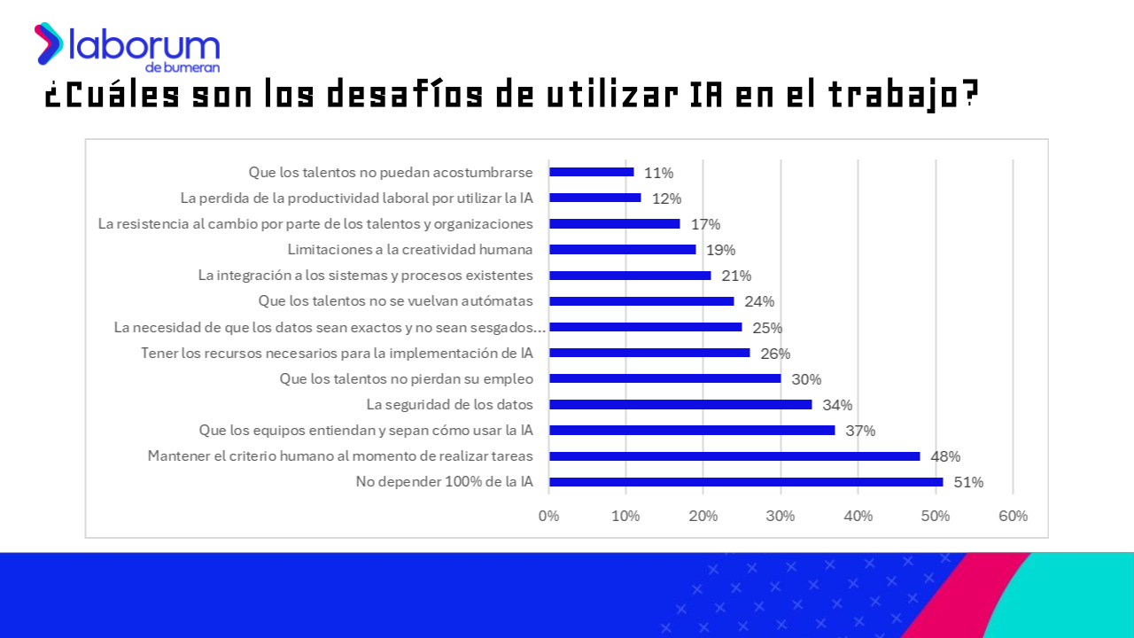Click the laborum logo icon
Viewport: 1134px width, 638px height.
pyautogui.click(x=49, y=43)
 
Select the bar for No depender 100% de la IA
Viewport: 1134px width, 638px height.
pyautogui.click(x=746, y=482)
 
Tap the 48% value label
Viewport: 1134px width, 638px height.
pyautogui.click(x=945, y=457)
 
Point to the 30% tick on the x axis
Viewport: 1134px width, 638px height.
pyautogui.click(x=781, y=516)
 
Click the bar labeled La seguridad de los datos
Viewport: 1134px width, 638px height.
pyautogui.click(x=680, y=405)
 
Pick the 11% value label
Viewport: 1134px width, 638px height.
pyautogui.click(x=658, y=173)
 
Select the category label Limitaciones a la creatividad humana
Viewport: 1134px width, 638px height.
pyautogui.click(x=410, y=250)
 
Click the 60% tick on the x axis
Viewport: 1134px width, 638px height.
pyautogui.click(x=1013, y=516)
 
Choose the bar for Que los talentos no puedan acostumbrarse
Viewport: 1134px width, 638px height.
pyautogui.click(x=592, y=172)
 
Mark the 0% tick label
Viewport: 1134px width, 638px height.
pyautogui.click(x=549, y=516)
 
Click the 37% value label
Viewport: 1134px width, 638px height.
pyautogui.click(x=860, y=432)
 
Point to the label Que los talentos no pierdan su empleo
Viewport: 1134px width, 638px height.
pyautogui.click(x=407, y=379)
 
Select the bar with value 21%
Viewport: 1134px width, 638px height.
pyautogui.click(x=630, y=276)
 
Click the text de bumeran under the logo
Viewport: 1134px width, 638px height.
pyautogui.click(x=183, y=67)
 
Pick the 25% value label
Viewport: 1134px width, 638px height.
pyautogui.click(x=767, y=328)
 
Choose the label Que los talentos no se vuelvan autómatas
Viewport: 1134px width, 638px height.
pyautogui.click(x=395, y=301)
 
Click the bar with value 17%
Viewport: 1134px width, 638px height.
pyautogui.click(x=615, y=224)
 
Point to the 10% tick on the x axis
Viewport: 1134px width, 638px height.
pyautogui.click(x=626, y=516)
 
